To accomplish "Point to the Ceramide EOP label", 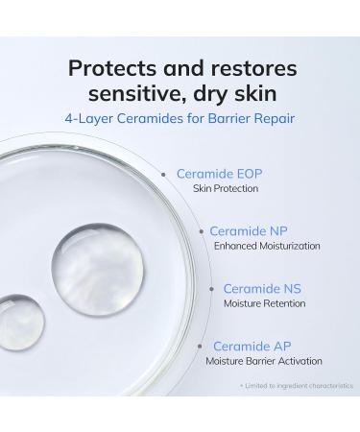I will [219, 175].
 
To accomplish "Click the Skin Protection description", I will [228, 190].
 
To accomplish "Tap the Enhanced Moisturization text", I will [267, 247].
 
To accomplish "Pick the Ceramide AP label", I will [252, 346].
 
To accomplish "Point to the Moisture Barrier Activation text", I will [264, 361].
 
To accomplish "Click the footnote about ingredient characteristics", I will [296, 385].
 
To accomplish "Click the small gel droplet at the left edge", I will [17, 324].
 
